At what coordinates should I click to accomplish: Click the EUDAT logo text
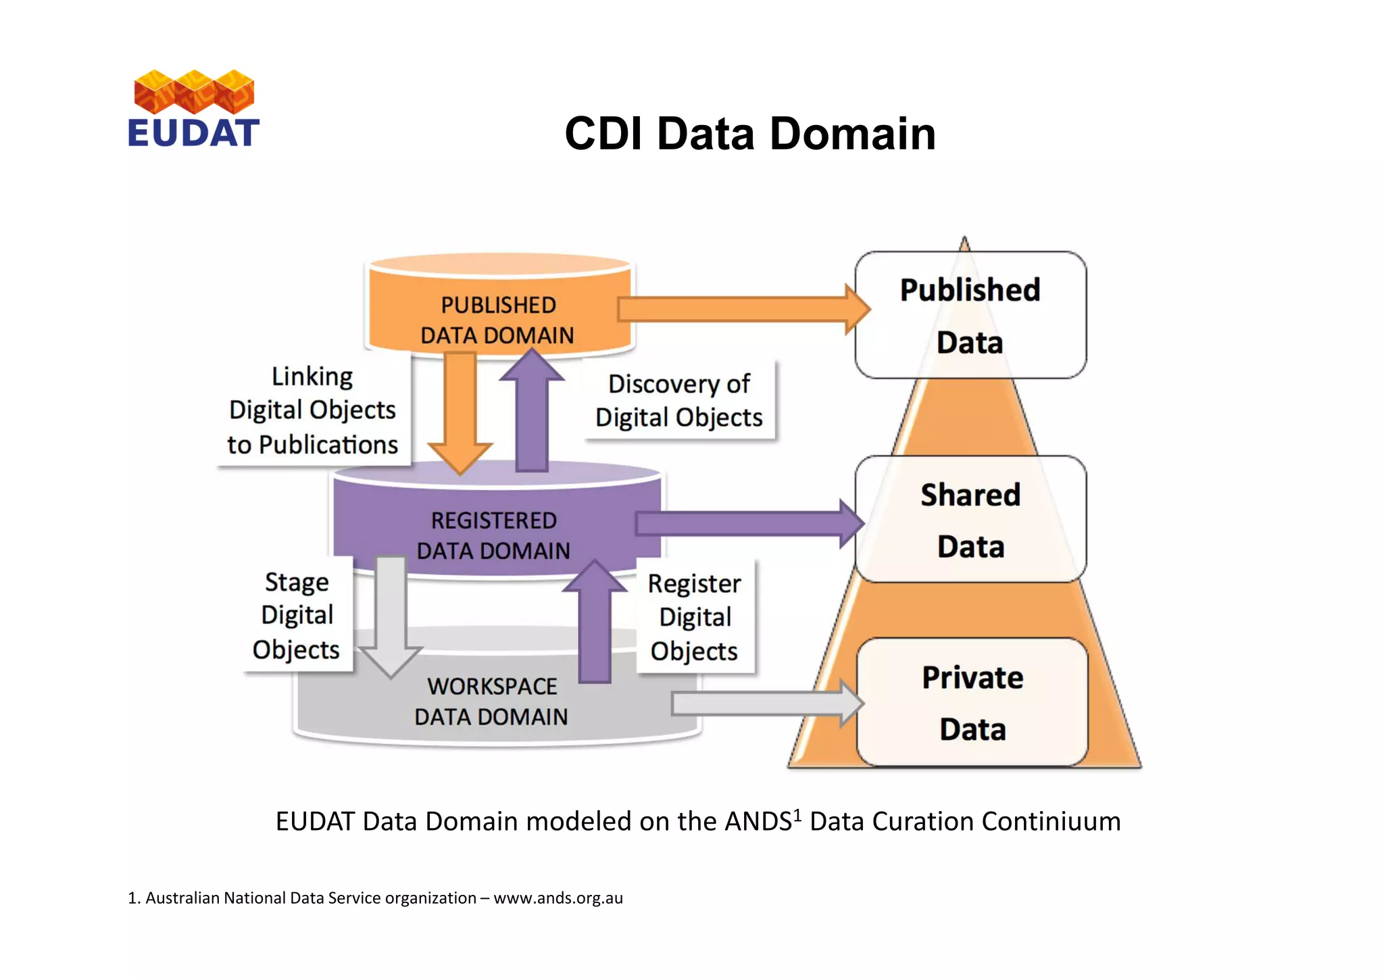[x=193, y=133]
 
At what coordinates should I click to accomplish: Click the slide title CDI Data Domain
[x=749, y=134]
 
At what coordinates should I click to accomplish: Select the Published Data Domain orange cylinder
[x=498, y=318]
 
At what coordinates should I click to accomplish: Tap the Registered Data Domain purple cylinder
[x=494, y=534]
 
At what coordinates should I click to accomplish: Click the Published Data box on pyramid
[x=970, y=315]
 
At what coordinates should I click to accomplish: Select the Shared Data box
[x=970, y=519]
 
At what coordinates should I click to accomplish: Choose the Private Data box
[x=972, y=702]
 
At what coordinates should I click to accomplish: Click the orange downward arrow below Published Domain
[x=460, y=412]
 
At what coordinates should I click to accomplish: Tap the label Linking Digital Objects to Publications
[x=312, y=410]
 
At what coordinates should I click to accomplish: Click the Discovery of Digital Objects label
[x=678, y=400]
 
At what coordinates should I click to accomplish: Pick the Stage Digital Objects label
[x=297, y=615]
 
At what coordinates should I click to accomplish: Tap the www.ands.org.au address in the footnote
[x=558, y=898]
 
